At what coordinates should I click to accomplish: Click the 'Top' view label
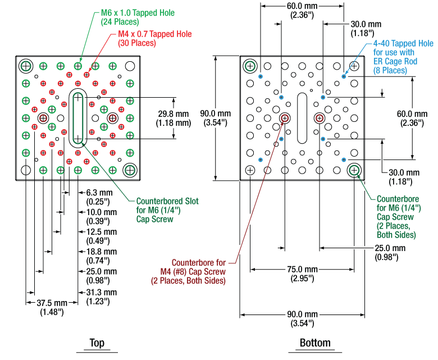pyautogui.click(x=97, y=343)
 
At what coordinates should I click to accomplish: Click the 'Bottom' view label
pyautogui.click(x=315, y=343)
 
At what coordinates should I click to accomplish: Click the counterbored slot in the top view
pyautogui.click(x=78, y=118)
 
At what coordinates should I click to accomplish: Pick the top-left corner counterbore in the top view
pyautogui.click(x=26, y=66)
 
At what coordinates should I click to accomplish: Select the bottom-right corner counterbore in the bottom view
pyautogui.click(x=354, y=170)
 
